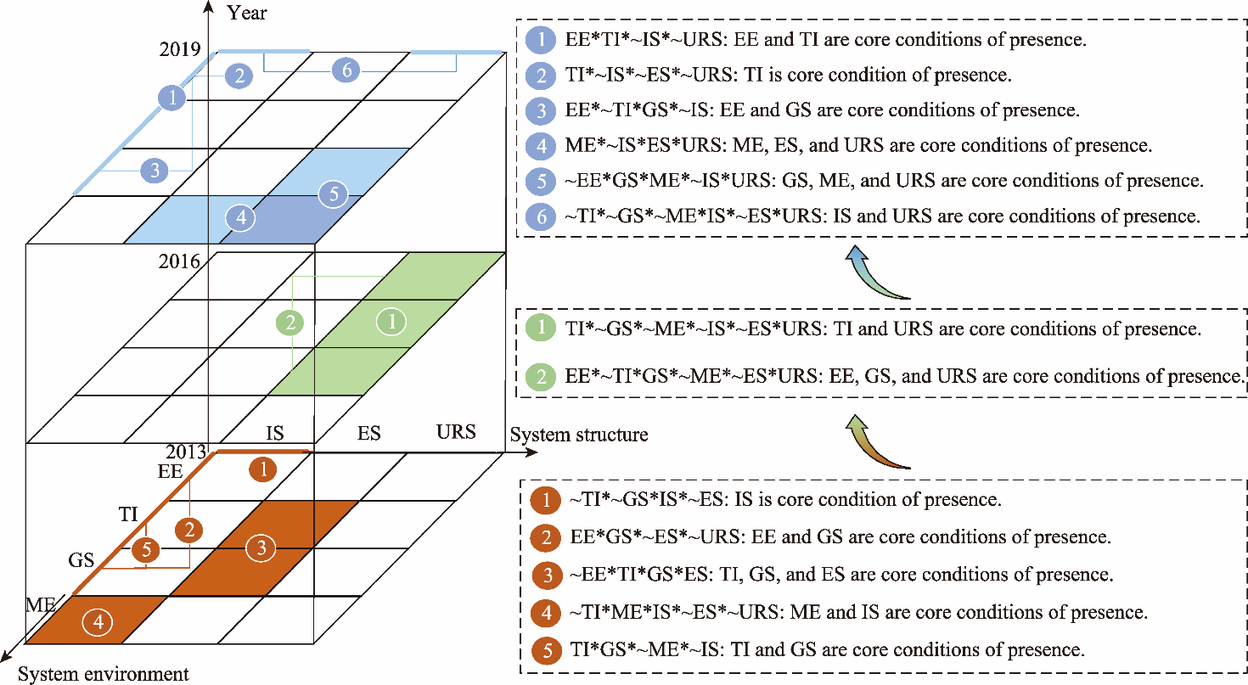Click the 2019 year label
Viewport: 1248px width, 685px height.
(180, 48)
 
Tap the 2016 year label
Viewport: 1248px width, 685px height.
(179, 261)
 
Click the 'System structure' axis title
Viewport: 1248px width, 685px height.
(579, 435)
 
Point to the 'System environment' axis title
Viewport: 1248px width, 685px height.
(104, 675)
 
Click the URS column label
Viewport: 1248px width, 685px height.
(456, 431)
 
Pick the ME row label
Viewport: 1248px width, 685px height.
(41, 605)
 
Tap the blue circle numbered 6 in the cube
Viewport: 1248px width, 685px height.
(346, 70)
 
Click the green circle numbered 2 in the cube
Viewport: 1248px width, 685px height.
(290, 323)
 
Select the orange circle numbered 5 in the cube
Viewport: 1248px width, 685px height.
(147, 550)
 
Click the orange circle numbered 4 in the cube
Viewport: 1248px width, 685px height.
(98, 622)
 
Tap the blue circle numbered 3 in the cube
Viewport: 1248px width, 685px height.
(155, 171)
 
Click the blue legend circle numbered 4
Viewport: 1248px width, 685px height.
(540, 145)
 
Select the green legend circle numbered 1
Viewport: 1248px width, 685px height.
(540, 329)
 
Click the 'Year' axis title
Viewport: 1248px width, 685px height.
(247, 13)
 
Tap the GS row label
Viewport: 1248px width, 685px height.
(82, 561)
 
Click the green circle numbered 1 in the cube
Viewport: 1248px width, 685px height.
(391, 321)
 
